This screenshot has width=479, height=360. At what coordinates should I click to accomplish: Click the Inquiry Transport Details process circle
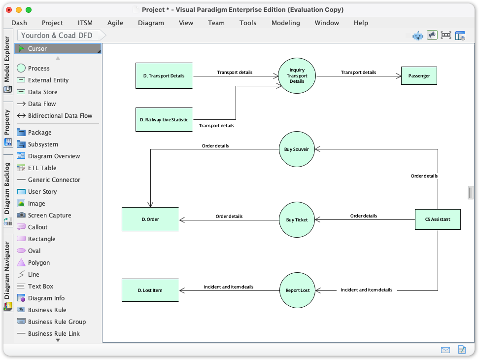[297, 76]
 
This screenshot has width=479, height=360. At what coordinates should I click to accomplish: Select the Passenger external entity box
[419, 76]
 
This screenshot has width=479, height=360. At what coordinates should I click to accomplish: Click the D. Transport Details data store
[164, 76]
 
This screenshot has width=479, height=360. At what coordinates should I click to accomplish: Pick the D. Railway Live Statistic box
[164, 119]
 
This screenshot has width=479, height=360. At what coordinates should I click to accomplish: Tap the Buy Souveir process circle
[297, 149]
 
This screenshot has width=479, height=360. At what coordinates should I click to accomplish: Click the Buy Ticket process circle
[297, 220]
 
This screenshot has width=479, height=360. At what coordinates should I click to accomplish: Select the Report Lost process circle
[297, 290]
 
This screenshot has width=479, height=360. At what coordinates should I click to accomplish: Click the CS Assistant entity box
[438, 219]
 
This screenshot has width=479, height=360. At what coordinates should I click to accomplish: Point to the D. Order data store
[150, 219]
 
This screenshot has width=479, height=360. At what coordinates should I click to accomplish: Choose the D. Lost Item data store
[150, 290]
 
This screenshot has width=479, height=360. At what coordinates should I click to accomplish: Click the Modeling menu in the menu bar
[285, 23]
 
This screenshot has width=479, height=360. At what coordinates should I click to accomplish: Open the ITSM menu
[85, 23]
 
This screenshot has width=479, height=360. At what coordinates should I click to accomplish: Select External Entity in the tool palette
[48, 80]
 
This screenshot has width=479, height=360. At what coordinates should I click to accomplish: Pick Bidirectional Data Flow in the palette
[60, 116]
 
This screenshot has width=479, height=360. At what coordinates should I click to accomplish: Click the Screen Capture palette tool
[49, 216]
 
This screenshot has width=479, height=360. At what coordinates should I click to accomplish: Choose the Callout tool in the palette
[37, 227]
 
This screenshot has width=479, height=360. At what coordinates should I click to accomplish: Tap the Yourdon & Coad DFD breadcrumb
[57, 36]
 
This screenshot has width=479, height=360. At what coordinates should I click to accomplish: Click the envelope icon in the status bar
[445, 350]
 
